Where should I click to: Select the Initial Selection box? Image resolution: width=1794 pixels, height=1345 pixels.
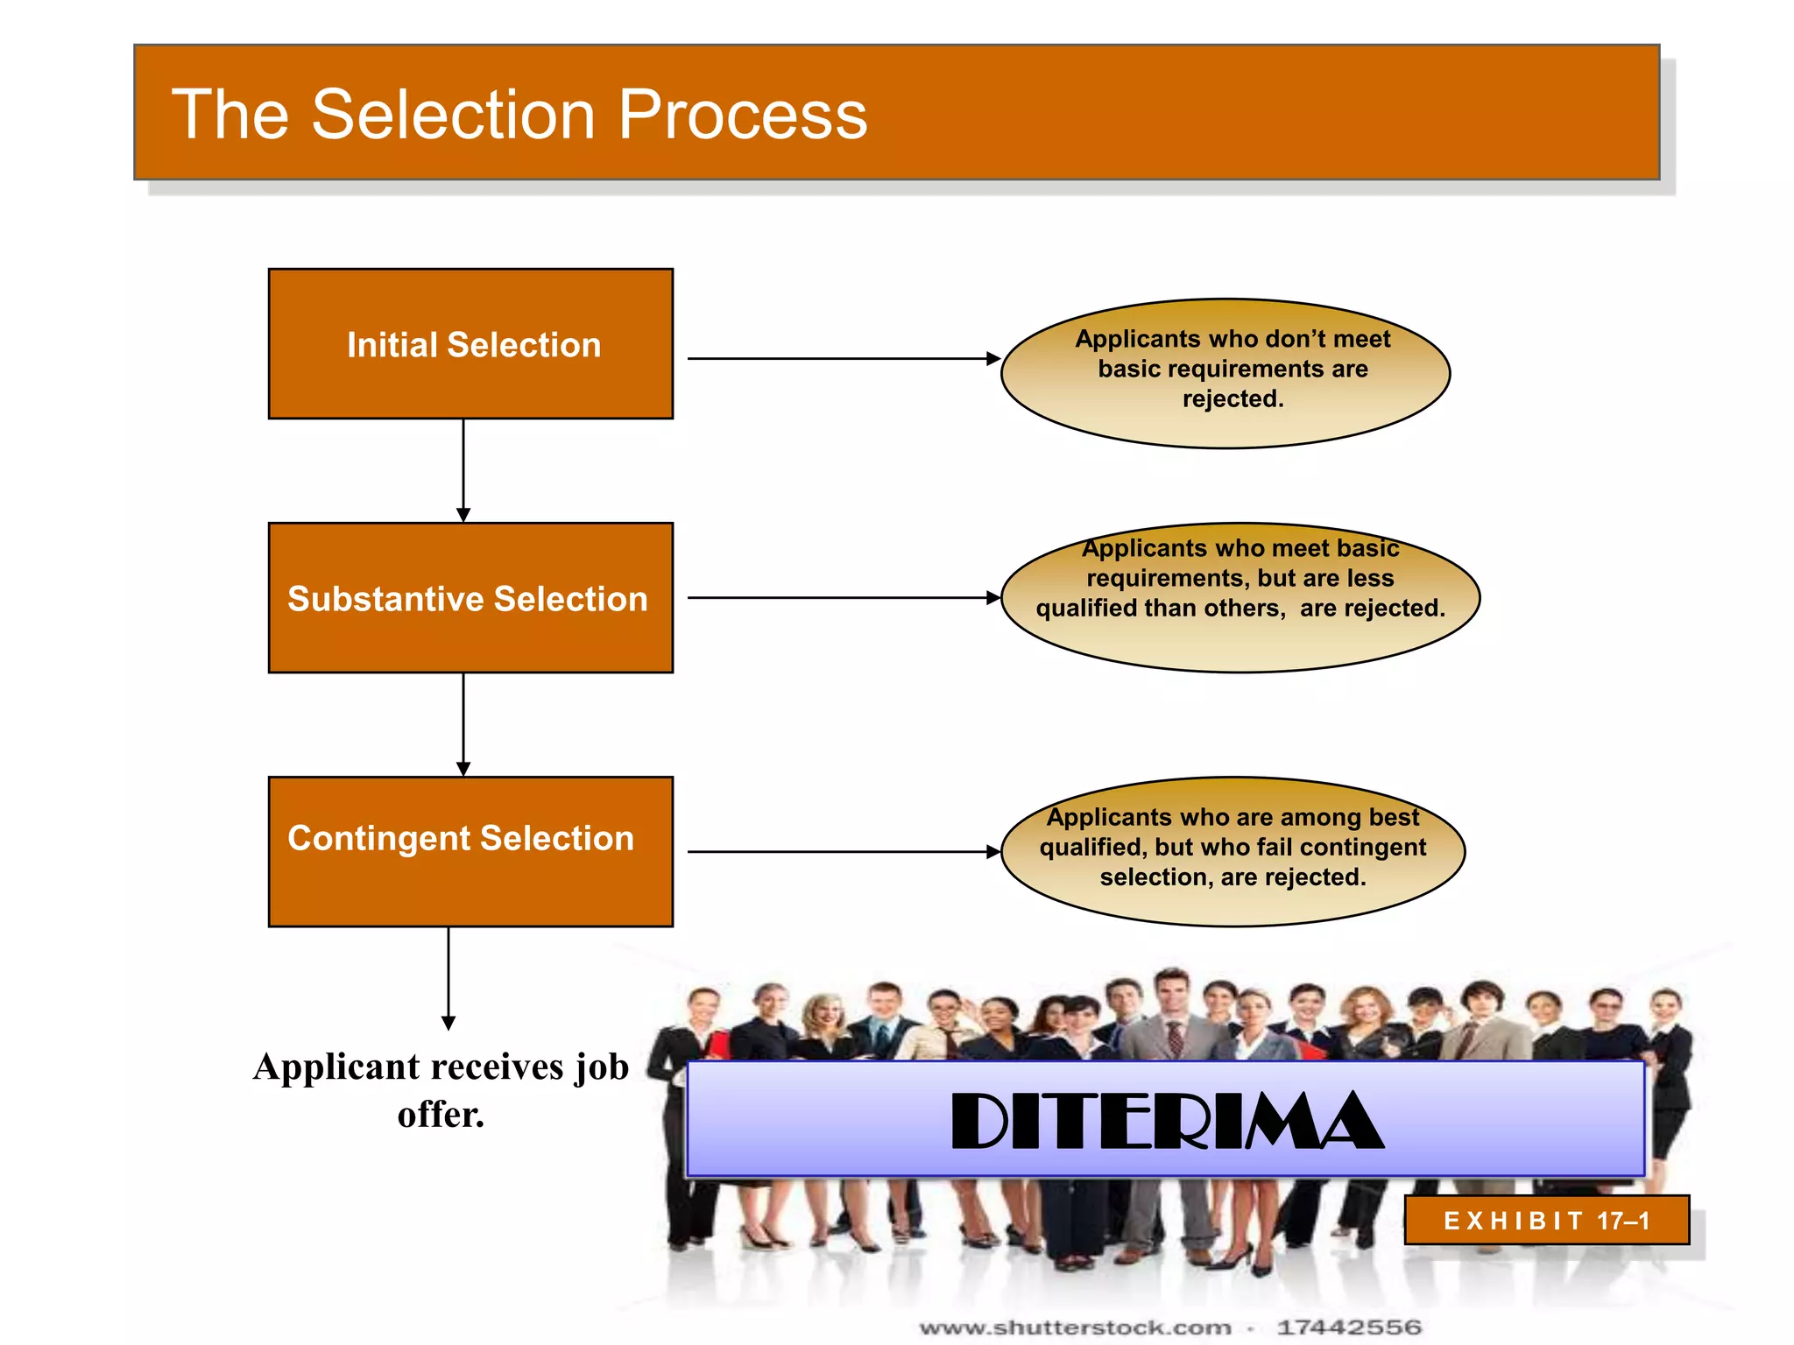(x=470, y=344)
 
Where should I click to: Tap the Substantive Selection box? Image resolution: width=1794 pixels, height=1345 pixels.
(x=470, y=598)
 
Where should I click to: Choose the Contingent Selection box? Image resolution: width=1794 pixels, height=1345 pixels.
(x=470, y=851)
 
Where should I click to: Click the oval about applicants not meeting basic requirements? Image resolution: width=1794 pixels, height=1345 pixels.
(x=1225, y=374)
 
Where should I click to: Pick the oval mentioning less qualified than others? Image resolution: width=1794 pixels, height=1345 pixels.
(x=1240, y=598)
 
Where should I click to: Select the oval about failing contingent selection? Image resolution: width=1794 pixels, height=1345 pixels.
(x=1232, y=851)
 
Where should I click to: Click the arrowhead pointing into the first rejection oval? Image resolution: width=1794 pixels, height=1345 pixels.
(x=992, y=358)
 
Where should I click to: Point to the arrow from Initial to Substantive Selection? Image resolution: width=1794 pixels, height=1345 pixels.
(x=463, y=470)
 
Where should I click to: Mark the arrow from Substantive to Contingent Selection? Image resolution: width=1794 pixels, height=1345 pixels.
(x=463, y=724)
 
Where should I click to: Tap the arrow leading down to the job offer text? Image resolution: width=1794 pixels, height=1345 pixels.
(x=448, y=976)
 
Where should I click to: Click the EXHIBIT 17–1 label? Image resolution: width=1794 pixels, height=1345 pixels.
(x=1546, y=1220)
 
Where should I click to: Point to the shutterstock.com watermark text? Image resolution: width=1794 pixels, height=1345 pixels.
(x=1075, y=1327)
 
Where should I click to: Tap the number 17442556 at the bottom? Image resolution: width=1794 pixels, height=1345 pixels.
(x=1349, y=1327)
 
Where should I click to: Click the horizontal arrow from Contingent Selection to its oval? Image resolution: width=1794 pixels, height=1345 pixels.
(x=841, y=851)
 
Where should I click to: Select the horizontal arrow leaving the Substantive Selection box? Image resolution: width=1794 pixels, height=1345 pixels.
(x=841, y=598)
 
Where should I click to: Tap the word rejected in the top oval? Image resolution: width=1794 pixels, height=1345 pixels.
(x=1232, y=399)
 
